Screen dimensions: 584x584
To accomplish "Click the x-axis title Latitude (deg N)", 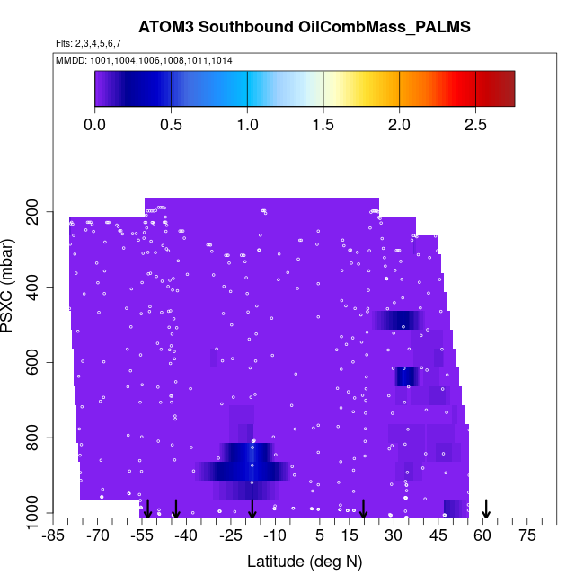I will click(305, 562).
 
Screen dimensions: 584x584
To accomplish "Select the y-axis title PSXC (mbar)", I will click(11, 287).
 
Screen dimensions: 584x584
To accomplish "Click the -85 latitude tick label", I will click(54, 536).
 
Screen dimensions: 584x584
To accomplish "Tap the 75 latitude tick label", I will click(527, 536).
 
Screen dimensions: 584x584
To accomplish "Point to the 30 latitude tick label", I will click(394, 536).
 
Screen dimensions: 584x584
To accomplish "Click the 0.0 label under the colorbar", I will click(94, 124).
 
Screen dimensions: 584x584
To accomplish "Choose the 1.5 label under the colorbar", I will click(323, 124).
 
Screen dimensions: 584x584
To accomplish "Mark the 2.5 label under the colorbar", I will click(475, 124).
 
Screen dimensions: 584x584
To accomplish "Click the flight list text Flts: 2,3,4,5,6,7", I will click(88, 43).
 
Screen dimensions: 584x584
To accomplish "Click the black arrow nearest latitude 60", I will click(486, 509).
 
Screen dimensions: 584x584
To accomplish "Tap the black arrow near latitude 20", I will click(363, 509).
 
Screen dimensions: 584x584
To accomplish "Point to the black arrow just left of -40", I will click(177, 509).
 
